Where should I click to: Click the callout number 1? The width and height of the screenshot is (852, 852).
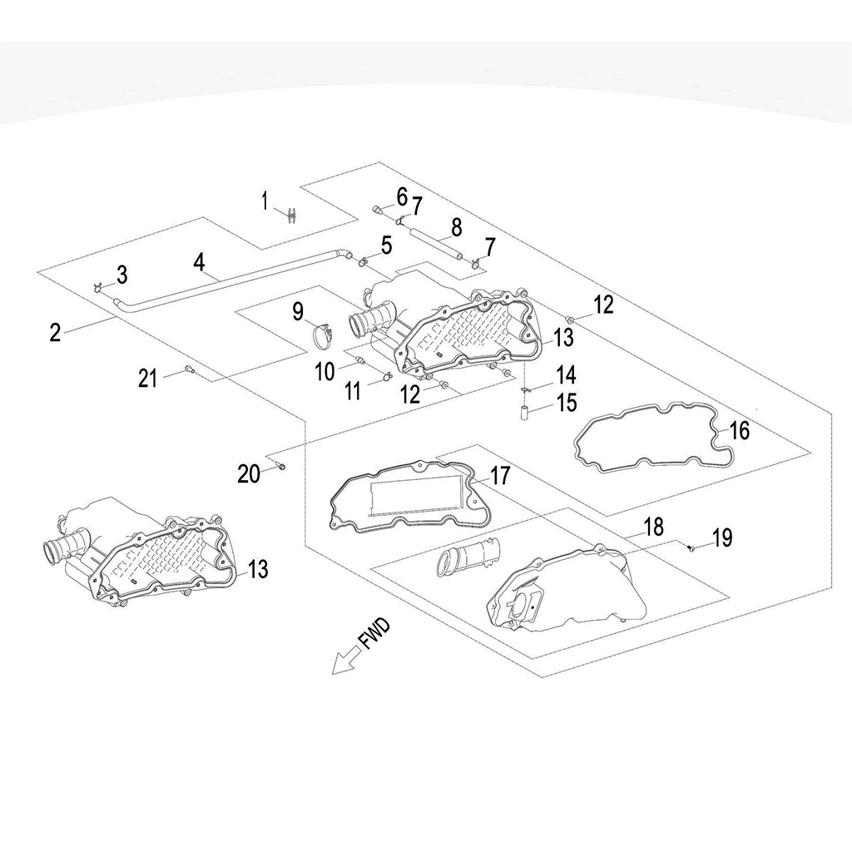coord(265,201)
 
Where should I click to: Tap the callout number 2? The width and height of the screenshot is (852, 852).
coord(55,333)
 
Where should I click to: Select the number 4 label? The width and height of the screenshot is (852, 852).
coord(199,261)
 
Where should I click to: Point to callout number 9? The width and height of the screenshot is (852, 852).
coord(298,313)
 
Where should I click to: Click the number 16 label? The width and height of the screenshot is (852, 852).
coord(739,430)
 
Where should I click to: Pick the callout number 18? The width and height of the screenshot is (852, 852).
coord(654,527)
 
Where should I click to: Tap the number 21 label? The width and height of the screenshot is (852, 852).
coord(148,379)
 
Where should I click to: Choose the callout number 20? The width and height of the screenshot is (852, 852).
coord(248,473)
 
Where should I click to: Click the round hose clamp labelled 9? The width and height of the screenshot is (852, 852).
coord(324,337)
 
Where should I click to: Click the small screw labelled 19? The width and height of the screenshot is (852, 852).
coord(691,547)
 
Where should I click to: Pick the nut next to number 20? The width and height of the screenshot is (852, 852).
coord(282,466)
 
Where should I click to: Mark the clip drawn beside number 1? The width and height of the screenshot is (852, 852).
coord(290,214)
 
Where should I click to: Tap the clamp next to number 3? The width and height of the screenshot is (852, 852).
coord(98,287)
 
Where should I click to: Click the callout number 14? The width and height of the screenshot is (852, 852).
coord(566,374)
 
